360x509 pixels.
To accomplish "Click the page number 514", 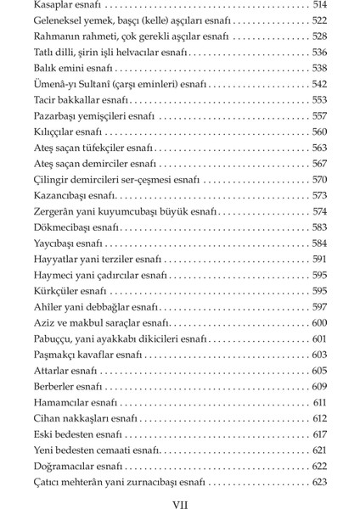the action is [319, 5].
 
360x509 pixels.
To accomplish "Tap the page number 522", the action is [319, 20].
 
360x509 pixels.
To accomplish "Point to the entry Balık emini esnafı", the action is [73, 67].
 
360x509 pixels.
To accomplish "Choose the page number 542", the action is [319, 83].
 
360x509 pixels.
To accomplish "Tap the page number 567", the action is [319, 163].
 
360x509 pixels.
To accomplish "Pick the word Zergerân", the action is [55, 210].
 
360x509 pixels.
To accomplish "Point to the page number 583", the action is [319, 227].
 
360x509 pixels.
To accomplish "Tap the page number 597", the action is [319, 306].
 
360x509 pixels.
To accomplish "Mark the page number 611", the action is [320, 401].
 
